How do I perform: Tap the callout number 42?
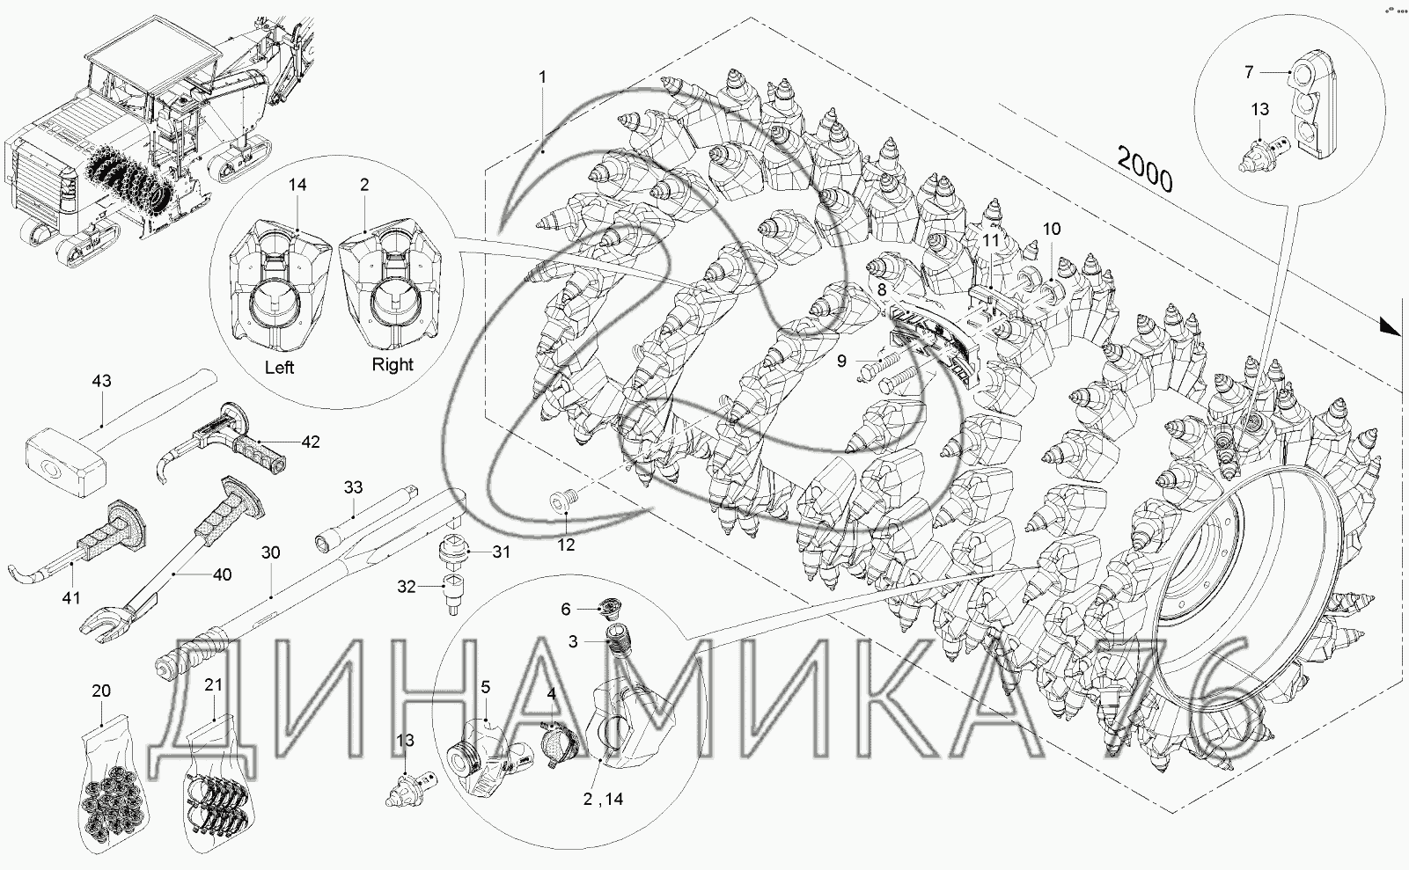point(310,442)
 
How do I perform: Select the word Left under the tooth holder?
point(279,367)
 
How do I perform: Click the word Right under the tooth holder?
point(393,364)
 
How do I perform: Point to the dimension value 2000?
point(1145,169)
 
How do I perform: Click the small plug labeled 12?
point(564,501)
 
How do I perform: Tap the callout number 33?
point(353,487)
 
